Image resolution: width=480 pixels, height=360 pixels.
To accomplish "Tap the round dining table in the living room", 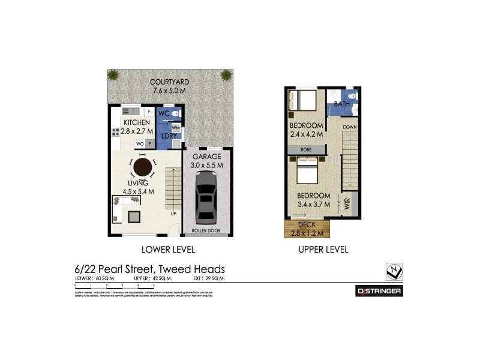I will point(143,166).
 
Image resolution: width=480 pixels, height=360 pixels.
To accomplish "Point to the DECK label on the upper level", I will point(307,225).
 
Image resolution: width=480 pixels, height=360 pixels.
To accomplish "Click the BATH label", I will point(342,104).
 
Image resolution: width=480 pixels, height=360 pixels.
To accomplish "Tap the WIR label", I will point(347,203).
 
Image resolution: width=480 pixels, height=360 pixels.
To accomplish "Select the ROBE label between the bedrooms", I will point(307,149).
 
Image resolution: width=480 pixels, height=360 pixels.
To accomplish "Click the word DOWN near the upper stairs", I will point(350,128).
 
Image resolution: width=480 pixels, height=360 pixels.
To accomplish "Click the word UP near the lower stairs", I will point(173,214).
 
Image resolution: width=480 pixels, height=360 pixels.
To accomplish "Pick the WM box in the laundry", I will point(176,128).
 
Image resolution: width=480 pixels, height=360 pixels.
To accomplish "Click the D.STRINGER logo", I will point(379,291).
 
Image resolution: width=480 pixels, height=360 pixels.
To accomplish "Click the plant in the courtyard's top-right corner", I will point(226,76).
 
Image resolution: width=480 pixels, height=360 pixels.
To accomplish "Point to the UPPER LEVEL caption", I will point(323,250).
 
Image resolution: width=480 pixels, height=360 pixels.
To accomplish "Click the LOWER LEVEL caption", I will point(168,250).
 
